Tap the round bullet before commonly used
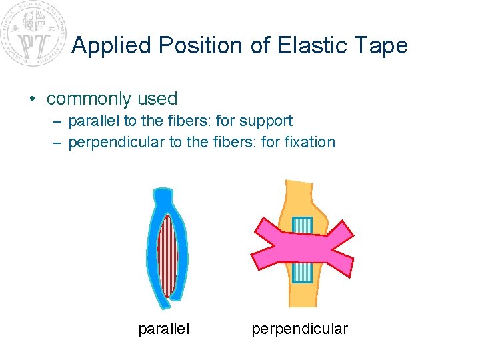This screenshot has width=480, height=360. (33, 99)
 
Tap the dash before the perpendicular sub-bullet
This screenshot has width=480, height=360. (57, 142)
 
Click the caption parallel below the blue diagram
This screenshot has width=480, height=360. (163, 329)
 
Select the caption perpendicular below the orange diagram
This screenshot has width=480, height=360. (299, 329)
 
